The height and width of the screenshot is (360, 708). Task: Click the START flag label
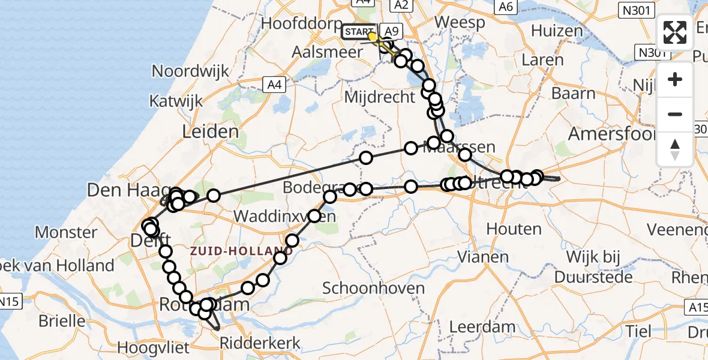(x=359, y=31)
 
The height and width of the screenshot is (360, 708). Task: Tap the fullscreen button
(x=675, y=32)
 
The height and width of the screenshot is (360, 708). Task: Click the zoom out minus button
(x=675, y=114)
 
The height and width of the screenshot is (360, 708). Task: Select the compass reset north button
(x=675, y=149)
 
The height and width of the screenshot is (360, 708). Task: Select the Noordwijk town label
(x=191, y=71)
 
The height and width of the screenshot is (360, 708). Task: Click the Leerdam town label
(x=482, y=328)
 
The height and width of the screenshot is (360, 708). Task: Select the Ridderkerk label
(x=260, y=343)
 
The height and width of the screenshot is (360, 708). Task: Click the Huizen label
(x=556, y=31)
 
